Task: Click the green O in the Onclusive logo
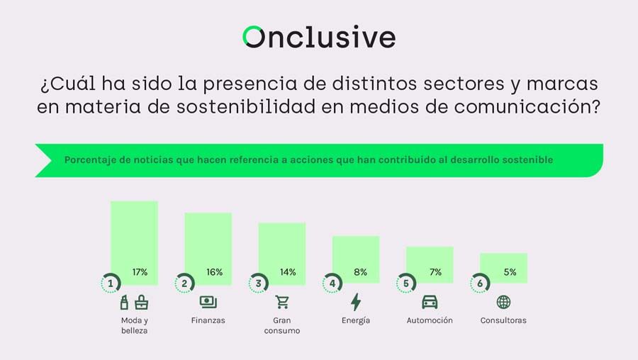pos(253,37)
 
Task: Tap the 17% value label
pos(140,272)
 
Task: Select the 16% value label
pos(215,272)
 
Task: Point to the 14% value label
pos(288,272)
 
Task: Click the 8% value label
pos(360,272)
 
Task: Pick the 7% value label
pos(435,272)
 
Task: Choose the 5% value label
pos(510,272)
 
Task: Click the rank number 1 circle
pos(111,283)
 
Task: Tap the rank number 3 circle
pos(259,283)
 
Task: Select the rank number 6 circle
pos(480,283)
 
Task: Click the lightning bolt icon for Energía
pos(356,302)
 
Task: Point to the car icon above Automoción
pos(430,302)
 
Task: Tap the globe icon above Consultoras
pos(503,302)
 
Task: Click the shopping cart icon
pos(282,302)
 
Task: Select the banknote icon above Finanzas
pos(208,302)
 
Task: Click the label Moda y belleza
pos(134,325)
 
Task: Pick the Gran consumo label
pos(281,325)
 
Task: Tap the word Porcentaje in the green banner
pos(90,160)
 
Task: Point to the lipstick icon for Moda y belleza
pos(125,302)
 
